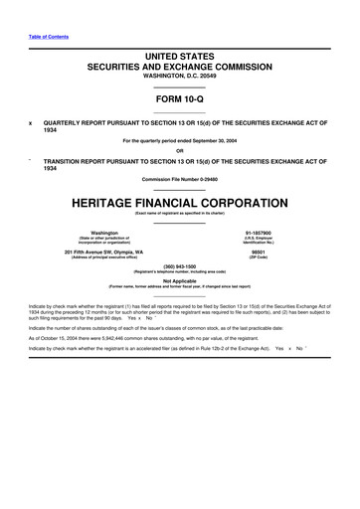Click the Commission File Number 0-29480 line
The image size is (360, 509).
coord(180,180)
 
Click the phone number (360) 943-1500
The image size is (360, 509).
coord(180,266)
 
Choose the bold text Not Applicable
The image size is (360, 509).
coord(180,281)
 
